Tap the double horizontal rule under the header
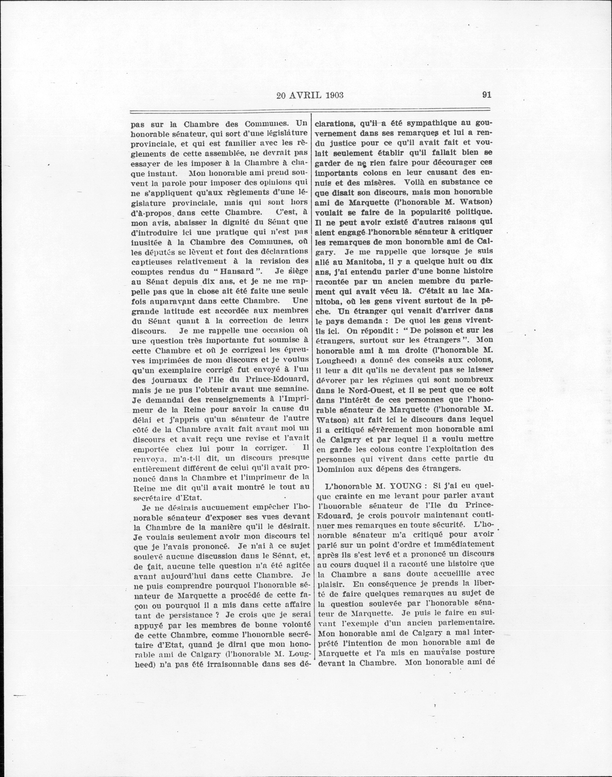point(310,112)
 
